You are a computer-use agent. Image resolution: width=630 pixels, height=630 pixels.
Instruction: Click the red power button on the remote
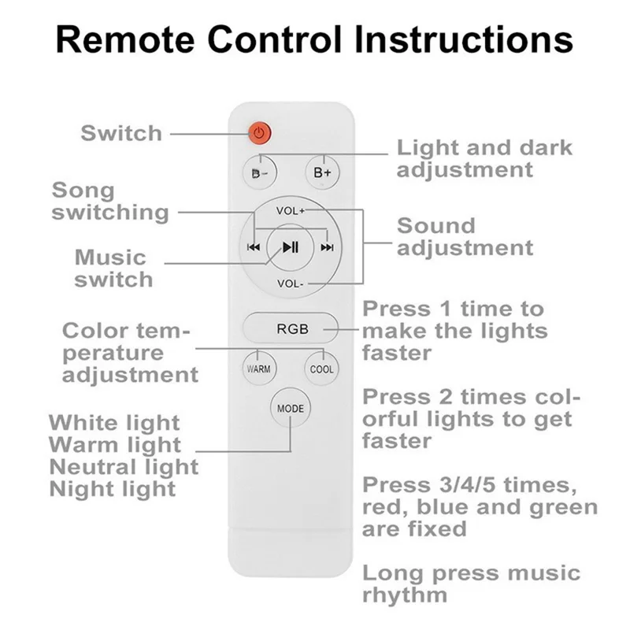pos(259,133)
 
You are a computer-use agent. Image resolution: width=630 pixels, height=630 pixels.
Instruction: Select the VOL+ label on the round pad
pos(291,211)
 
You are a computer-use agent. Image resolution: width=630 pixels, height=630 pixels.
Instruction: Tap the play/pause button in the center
pos(290,247)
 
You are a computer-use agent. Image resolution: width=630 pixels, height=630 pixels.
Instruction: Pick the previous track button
pos(254,247)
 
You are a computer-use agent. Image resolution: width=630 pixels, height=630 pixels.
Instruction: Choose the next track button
pos(327,247)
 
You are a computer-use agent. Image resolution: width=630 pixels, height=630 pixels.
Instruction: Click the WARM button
pos(259,369)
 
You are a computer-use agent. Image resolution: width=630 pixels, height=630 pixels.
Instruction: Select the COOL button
pos(321,369)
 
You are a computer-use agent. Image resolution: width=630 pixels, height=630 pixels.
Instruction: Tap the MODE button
pos(290,409)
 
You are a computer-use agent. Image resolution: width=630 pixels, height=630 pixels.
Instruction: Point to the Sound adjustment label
pos(465,236)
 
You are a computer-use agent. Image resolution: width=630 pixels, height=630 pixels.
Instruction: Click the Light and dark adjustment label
pos(484,158)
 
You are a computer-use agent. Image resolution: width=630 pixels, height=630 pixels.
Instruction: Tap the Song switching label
pos(110,201)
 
